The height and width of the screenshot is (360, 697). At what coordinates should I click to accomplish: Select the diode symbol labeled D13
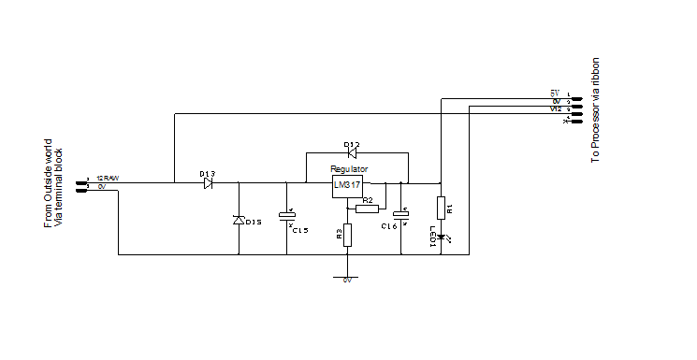[x=208, y=183]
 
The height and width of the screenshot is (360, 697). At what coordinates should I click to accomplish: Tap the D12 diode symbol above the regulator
[x=351, y=153]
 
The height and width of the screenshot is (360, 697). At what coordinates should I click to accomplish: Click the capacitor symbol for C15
[x=286, y=217]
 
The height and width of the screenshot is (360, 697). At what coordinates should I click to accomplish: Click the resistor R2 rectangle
[x=367, y=209]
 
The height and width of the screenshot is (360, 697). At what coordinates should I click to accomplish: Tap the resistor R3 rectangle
[x=346, y=234]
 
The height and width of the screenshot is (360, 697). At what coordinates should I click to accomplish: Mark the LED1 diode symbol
[x=440, y=238]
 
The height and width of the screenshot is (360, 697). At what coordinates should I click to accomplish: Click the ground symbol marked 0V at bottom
[x=346, y=278]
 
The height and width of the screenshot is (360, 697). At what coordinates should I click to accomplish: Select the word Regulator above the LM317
[x=349, y=169]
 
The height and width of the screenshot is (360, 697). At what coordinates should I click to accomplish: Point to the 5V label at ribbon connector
[x=555, y=94]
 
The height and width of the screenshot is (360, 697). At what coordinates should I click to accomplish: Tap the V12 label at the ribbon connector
[x=556, y=108]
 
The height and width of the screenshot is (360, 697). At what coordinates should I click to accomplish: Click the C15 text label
[x=300, y=229]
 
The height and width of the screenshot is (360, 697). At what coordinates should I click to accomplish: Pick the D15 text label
[x=254, y=222]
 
